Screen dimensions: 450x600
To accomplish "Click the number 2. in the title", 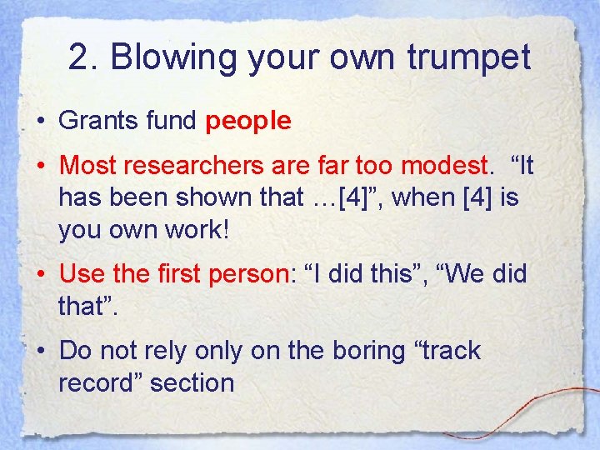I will pyautogui.click(x=85, y=58).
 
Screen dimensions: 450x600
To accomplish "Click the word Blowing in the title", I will pyautogui.click(x=163, y=58).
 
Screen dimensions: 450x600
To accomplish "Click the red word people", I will pyautogui.click(x=248, y=122).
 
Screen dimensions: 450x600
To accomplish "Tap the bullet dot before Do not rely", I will pyautogui.click(x=41, y=352).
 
